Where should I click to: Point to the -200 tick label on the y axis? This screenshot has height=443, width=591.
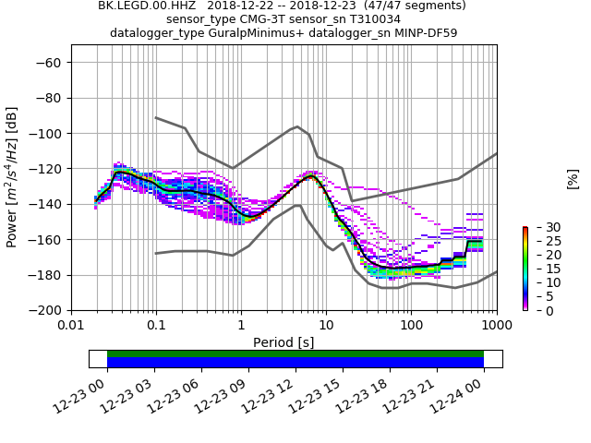[x=47, y=310]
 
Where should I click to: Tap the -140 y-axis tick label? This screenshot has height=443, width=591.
[x=47, y=204]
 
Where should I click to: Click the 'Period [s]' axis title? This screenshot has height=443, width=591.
[x=283, y=342]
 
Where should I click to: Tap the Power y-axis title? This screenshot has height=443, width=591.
[x=12, y=177]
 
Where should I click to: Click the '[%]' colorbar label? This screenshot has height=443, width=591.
[x=573, y=178]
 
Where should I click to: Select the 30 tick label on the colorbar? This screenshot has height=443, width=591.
[x=540, y=227]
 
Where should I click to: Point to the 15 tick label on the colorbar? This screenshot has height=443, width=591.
[x=540, y=269]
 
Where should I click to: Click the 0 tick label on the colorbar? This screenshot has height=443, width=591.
[x=537, y=310]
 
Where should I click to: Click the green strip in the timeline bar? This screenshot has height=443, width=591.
[x=295, y=353]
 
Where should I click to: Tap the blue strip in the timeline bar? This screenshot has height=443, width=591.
[x=295, y=363]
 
